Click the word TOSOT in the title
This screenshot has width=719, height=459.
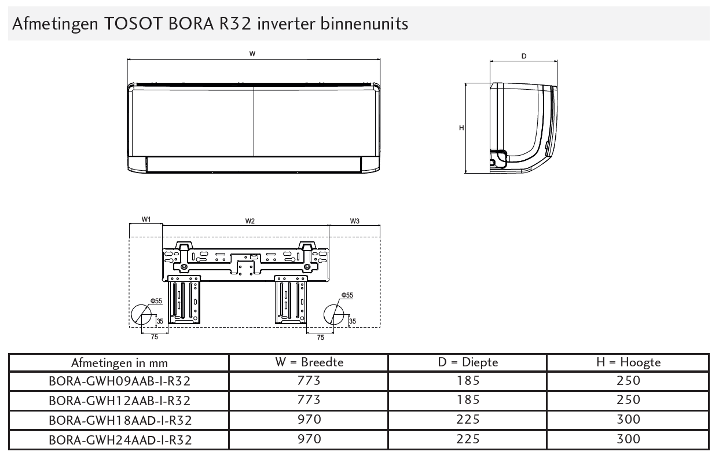click(x=132, y=23)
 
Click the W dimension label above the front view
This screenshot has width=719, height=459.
click(x=252, y=54)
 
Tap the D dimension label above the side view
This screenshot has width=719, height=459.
click(x=524, y=56)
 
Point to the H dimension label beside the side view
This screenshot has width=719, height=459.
click(x=461, y=128)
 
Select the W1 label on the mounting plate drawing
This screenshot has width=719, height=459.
click(x=146, y=219)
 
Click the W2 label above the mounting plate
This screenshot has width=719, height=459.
click(x=250, y=221)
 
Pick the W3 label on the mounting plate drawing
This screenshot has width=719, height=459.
click(x=355, y=221)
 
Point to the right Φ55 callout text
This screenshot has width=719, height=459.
click(x=347, y=295)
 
